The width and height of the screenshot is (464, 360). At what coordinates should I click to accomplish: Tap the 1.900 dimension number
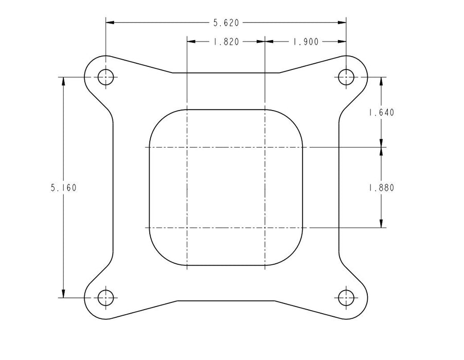point(306,42)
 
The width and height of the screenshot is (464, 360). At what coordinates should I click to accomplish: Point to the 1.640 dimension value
point(381,113)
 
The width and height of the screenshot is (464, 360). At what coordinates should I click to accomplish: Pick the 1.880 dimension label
point(381,188)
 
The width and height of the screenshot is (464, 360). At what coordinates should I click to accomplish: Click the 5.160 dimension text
point(63,188)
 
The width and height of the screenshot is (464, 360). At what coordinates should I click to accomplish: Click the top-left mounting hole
point(106,77)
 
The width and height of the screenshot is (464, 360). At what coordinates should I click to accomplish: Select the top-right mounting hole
point(346,77)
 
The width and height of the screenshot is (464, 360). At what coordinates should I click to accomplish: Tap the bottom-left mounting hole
point(106,297)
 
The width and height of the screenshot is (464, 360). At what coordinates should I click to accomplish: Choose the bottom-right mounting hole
point(346,297)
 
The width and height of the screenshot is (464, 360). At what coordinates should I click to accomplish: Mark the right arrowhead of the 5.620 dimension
point(342,23)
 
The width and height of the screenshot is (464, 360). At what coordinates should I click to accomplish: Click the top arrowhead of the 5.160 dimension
point(63,81)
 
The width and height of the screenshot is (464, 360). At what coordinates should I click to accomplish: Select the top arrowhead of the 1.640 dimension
point(381,81)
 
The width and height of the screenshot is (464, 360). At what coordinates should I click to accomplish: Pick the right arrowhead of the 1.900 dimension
point(342,42)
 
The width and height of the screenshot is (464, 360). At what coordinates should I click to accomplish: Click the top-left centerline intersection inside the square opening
point(187,147)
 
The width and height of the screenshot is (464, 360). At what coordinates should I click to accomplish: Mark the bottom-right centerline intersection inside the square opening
point(264,227)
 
